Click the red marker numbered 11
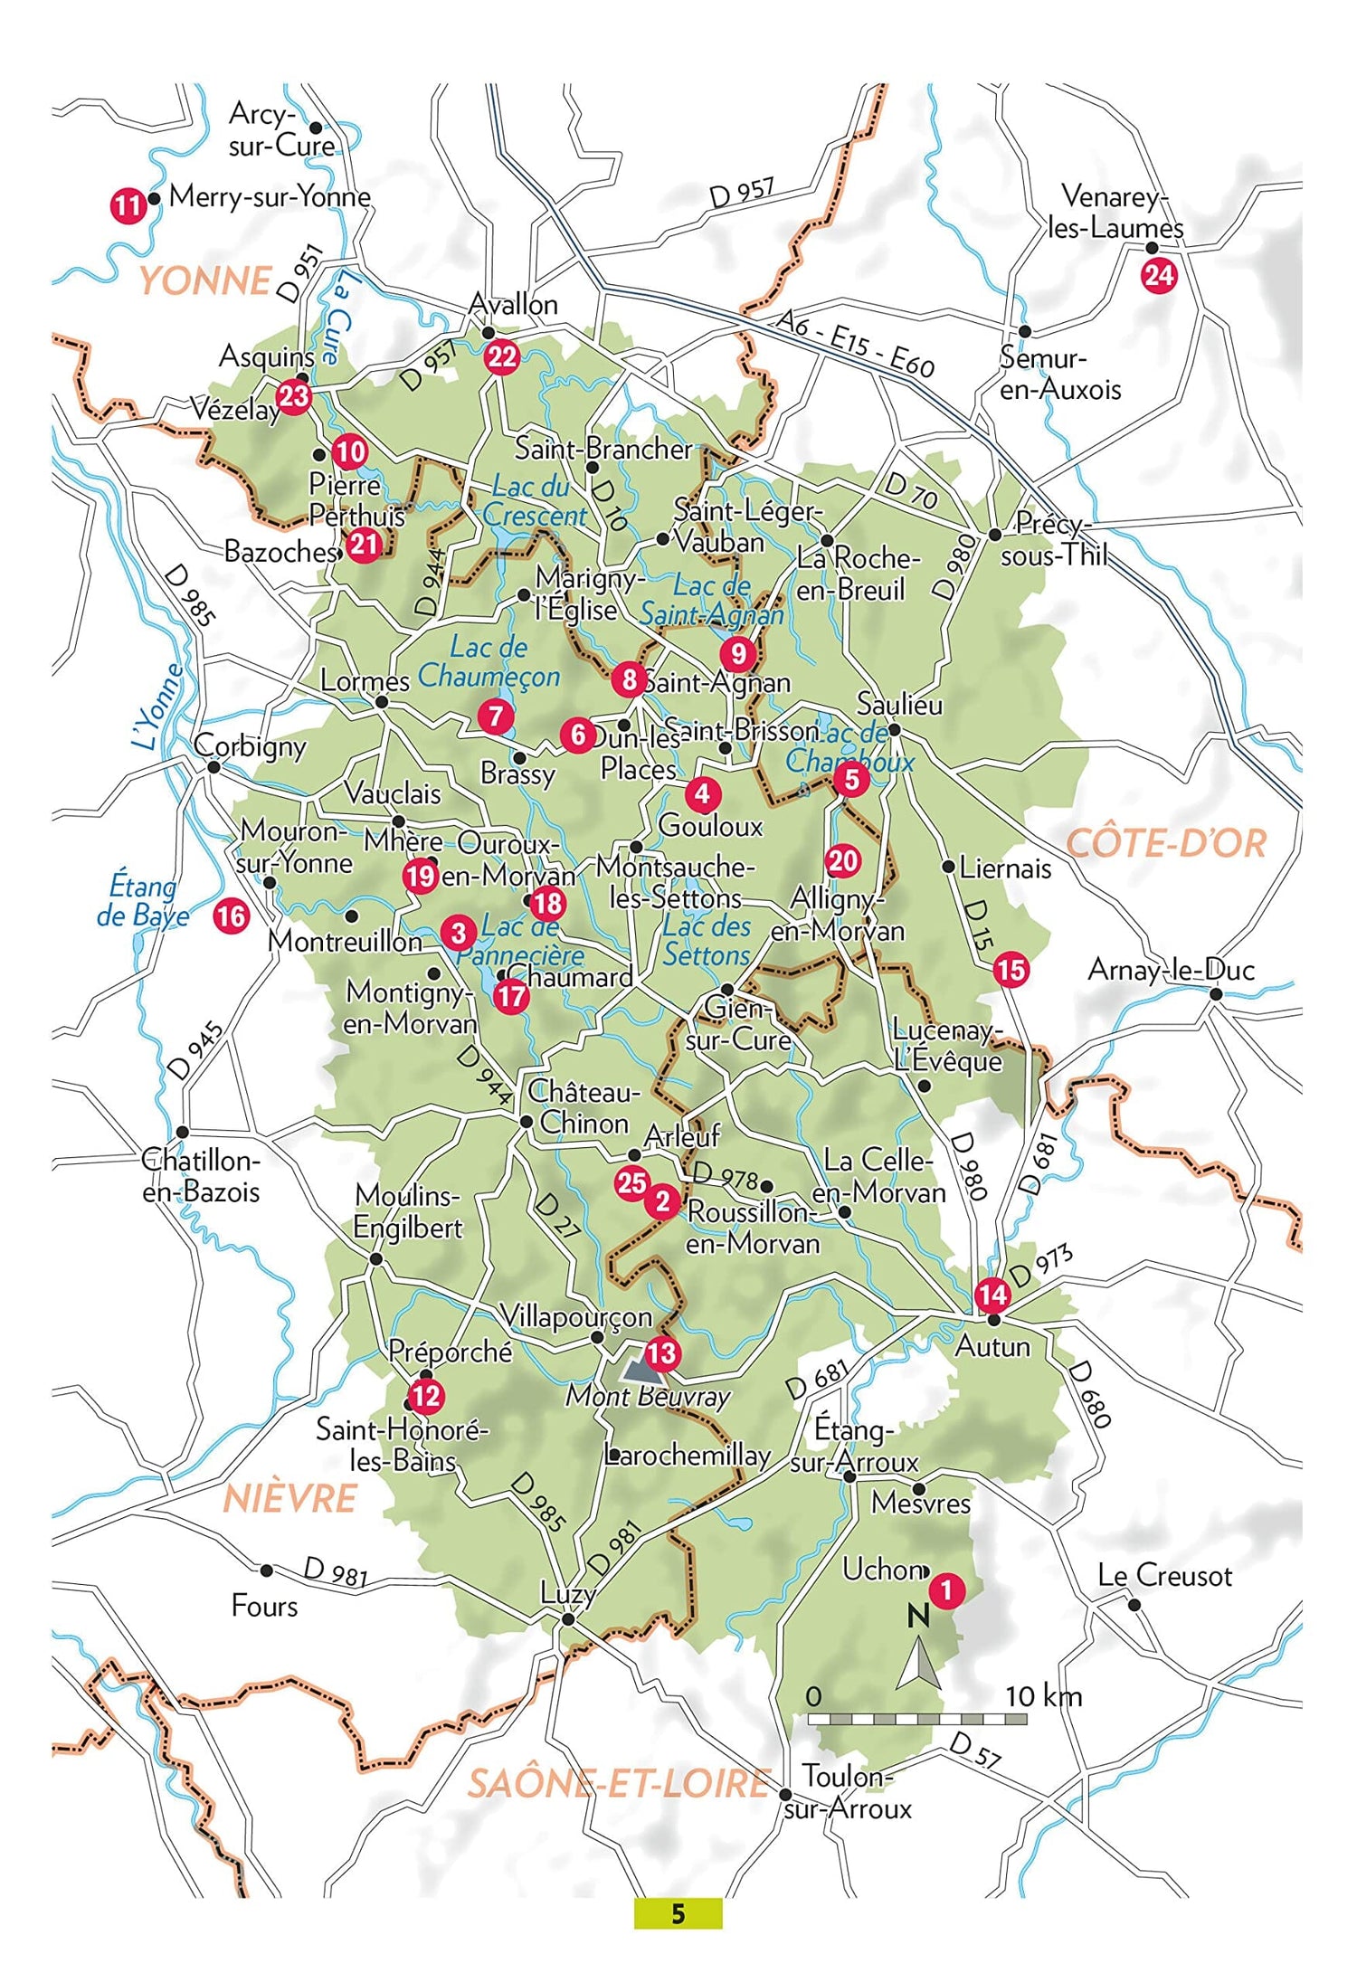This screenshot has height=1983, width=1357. click(x=128, y=206)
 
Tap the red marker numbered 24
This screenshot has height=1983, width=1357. click(x=1159, y=275)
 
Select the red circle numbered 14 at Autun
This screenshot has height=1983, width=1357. click(x=992, y=1295)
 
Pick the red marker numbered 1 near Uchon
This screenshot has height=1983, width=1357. click(x=946, y=1589)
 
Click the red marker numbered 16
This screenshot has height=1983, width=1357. click(x=232, y=916)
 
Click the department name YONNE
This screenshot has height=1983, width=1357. click(x=205, y=280)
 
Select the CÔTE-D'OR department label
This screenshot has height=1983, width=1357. click(x=1165, y=843)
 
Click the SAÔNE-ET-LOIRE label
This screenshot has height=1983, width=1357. click(x=619, y=1782)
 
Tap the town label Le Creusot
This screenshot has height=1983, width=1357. click(x=1164, y=1576)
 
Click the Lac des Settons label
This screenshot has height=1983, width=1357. click(x=707, y=941)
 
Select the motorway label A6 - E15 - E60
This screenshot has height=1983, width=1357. click(x=855, y=343)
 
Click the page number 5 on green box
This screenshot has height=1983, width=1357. click(x=678, y=1913)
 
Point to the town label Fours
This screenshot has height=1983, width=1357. click(x=264, y=1606)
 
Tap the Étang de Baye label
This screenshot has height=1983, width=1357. click(x=143, y=900)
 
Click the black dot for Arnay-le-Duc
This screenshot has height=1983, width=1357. click(x=1216, y=994)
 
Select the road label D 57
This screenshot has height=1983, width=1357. click(x=975, y=1751)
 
